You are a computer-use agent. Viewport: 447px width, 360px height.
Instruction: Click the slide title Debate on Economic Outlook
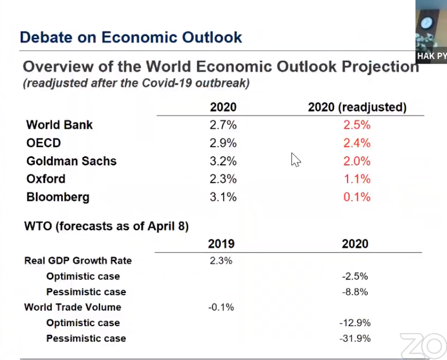pos(131,37)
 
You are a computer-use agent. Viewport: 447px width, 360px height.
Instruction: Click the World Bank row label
pos(60,125)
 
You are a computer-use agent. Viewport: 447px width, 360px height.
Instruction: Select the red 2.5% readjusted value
pos(357,125)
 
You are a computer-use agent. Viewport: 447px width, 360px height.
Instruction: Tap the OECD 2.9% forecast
pos(223,143)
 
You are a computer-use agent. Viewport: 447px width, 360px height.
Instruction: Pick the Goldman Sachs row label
pos(72,161)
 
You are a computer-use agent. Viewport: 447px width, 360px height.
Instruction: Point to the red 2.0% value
pos(357,161)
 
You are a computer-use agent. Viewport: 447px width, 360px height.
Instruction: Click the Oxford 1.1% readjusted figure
pos(357,179)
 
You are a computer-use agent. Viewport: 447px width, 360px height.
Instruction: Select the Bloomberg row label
pos(58,197)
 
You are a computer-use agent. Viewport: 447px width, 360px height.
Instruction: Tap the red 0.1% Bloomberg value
pos(357,197)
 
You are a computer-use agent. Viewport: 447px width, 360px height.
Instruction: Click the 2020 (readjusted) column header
pos(357,107)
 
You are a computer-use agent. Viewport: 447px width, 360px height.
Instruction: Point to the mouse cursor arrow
pos(296,160)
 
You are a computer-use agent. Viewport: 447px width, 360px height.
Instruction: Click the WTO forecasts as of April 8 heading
pos(106,226)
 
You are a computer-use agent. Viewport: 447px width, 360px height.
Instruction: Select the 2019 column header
pos(221,244)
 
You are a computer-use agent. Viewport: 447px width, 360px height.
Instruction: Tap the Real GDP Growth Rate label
pos(78,260)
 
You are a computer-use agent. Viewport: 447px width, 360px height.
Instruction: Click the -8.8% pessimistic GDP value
pos(355,292)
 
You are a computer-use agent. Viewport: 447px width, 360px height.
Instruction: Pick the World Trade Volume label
pos(73,307)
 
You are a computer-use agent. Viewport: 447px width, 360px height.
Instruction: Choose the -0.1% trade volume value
pos(221,307)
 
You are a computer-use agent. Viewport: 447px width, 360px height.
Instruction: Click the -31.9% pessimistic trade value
pos(355,338)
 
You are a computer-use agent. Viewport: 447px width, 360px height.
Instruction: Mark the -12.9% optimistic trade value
pos(355,323)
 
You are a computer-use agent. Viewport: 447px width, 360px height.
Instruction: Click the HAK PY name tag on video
pos(432,56)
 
